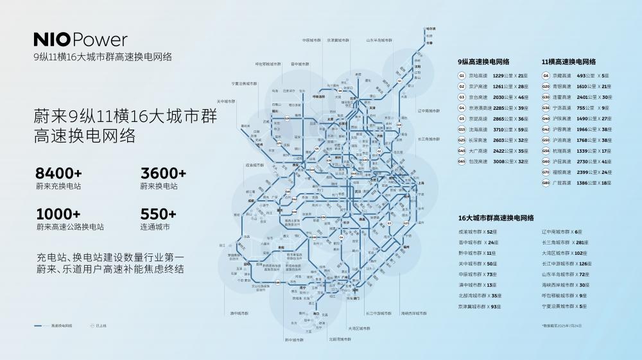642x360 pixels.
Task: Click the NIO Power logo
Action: [x=80, y=40]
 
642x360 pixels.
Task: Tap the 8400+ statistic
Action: [x=58, y=173]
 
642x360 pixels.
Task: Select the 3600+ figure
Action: [x=163, y=173]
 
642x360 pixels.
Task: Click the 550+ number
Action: [x=158, y=214]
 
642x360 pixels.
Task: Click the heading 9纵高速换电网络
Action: [x=483, y=62]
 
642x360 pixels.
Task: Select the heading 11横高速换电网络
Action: [x=568, y=62]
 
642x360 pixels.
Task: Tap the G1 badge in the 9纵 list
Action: [x=462, y=76]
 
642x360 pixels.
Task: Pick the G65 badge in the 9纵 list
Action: [x=462, y=162]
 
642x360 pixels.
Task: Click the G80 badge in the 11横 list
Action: [x=546, y=183]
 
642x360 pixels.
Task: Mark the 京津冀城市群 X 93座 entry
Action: [x=480, y=307]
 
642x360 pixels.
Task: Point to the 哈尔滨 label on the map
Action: [x=431, y=28]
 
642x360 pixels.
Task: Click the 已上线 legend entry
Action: [x=99, y=326]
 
